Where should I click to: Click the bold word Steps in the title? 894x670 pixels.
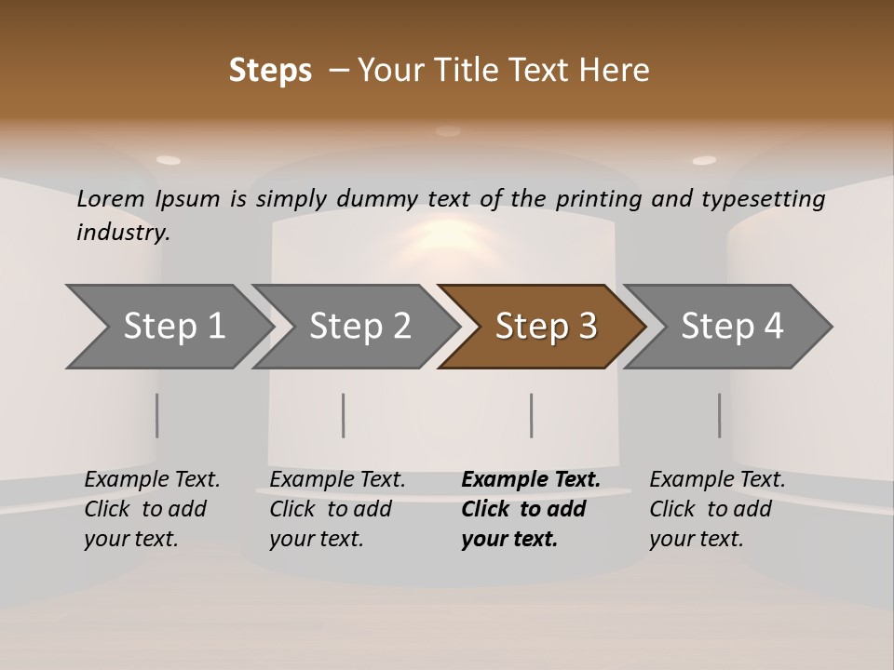pyautogui.click(x=270, y=71)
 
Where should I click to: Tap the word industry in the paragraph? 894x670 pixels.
pyautogui.click(x=123, y=232)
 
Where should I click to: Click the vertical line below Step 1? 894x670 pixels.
pyautogui.click(x=156, y=415)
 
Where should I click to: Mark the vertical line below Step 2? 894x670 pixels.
pyautogui.click(x=343, y=415)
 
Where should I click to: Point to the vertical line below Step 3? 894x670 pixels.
pyautogui.click(x=531, y=415)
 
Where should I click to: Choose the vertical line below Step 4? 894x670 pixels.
pyautogui.click(x=719, y=415)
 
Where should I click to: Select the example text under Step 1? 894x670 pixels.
pyautogui.click(x=152, y=509)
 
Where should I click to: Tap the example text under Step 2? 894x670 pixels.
pyautogui.click(x=337, y=509)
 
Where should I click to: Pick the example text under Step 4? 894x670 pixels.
pyautogui.click(x=717, y=509)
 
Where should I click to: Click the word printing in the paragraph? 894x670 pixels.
pyautogui.click(x=596, y=199)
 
